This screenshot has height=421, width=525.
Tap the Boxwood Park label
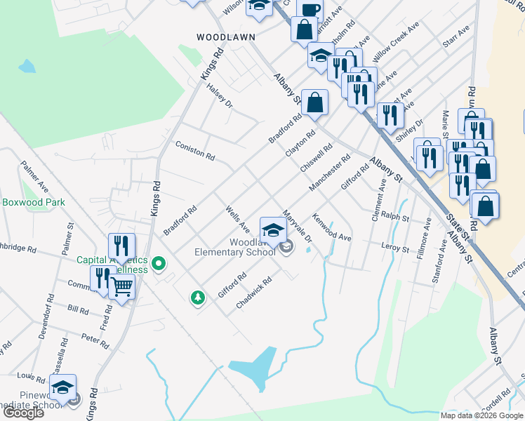(x=33, y=202)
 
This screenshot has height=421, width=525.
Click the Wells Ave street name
(x=237, y=219)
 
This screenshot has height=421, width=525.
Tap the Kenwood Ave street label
(x=331, y=227)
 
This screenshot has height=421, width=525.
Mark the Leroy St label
(x=394, y=248)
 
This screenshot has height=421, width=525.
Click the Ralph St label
(x=395, y=218)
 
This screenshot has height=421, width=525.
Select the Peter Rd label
(x=95, y=342)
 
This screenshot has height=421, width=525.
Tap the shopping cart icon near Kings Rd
(x=122, y=286)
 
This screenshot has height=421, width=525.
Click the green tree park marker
(x=199, y=298)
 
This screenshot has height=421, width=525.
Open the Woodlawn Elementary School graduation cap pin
(x=273, y=229)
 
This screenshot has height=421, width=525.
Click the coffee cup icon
(x=310, y=9)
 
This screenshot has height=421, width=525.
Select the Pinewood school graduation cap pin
(x=62, y=387)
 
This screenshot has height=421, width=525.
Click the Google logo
(x=23, y=413)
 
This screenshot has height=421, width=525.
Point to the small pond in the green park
(x=27, y=67)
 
